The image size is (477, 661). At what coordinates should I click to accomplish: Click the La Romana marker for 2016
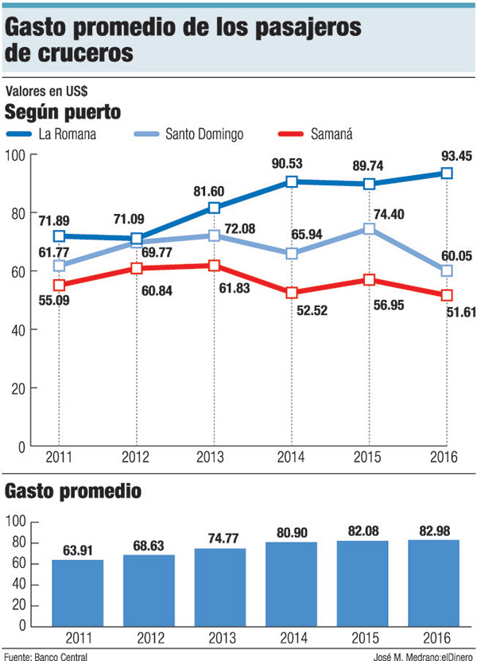coord(447,173)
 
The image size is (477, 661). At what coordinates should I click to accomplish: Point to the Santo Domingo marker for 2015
coord(370,229)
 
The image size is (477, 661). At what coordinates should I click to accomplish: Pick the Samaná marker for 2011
coord(58,285)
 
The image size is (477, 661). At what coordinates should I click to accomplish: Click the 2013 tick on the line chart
coord(214,457)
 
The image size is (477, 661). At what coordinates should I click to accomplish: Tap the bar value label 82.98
coord(434,530)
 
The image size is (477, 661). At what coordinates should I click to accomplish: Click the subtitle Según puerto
coord(63,111)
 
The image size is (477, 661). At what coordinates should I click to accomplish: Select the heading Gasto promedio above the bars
coord(74,491)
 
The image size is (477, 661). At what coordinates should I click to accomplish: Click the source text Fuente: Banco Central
coord(45,655)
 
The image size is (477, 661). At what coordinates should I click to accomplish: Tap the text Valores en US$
coord(45,91)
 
